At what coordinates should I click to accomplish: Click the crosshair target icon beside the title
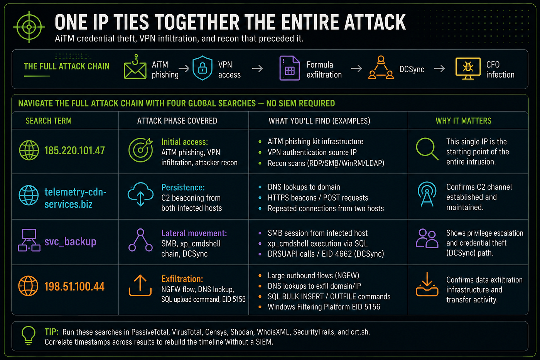pyautogui.click(x=29, y=27)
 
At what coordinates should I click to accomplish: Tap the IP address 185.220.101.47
pyautogui.click(x=74, y=150)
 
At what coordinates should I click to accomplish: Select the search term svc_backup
pyautogui.click(x=70, y=242)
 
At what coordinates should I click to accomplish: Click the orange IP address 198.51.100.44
pyautogui.click(x=74, y=286)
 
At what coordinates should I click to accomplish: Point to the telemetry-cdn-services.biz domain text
pyautogui.click(x=75, y=198)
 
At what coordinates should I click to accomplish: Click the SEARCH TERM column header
pyautogui.click(x=49, y=120)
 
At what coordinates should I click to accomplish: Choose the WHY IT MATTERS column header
pyautogui.click(x=463, y=120)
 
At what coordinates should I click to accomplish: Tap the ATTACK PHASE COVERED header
pyautogui.click(x=177, y=120)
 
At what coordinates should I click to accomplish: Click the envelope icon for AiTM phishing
pyautogui.click(x=135, y=67)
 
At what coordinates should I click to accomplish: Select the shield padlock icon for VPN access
pyautogui.click(x=202, y=68)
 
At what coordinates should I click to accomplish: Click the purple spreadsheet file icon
pyautogui.click(x=290, y=68)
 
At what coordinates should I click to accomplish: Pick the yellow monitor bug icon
pyautogui.click(x=468, y=68)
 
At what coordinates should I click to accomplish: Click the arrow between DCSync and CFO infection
pyautogui.click(x=439, y=69)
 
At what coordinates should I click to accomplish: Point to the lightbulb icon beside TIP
pyautogui.click(x=29, y=336)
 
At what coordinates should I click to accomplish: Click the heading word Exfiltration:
pyautogui.click(x=182, y=279)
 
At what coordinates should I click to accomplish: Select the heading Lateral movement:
pyautogui.click(x=194, y=233)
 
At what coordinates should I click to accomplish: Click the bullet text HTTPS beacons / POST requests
pyautogui.click(x=318, y=198)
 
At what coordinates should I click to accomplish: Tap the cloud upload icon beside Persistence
pyautogui.click(x=140, y=194)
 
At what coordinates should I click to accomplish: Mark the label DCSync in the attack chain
pyautogui.click(x=412, y=69)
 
